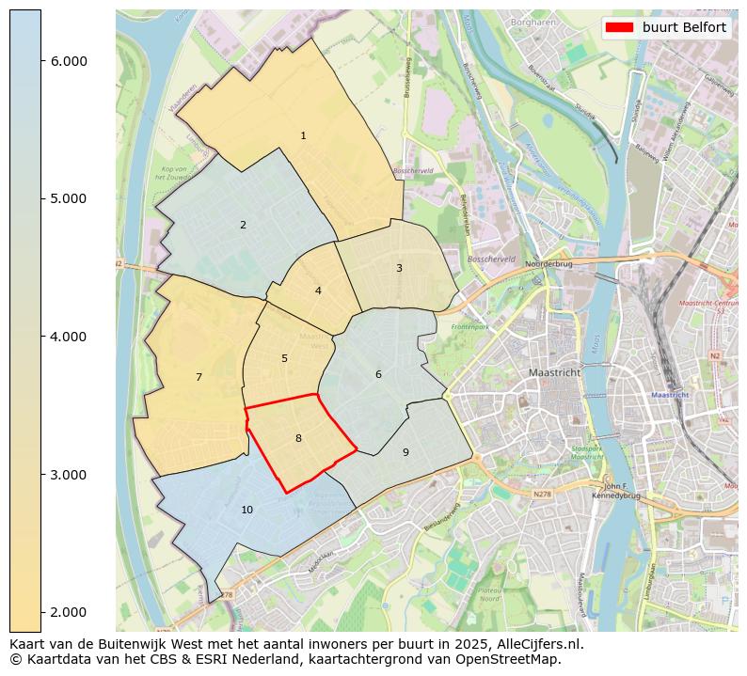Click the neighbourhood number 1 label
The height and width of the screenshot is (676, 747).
[303, 136]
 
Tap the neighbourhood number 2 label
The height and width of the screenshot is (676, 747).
[243, 225]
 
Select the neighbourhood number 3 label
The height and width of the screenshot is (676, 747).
[399, 268]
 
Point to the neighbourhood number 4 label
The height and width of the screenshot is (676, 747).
[318, 291]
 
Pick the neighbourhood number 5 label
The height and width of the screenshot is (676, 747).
[284, 358]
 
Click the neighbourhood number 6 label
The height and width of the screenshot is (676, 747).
[378, 375]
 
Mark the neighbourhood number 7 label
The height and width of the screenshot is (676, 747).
[199, 377]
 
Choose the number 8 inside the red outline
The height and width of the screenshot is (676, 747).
[298, 438]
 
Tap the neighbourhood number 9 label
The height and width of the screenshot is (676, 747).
[405, 452]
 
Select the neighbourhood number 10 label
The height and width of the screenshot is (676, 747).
[246, 510]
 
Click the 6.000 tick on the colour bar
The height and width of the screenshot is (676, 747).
[69, 61]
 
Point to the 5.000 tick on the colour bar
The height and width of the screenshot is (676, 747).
[69, 198]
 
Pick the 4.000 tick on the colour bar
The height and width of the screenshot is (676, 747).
[69, 337]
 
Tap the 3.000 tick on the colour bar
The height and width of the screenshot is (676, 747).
[69, 474]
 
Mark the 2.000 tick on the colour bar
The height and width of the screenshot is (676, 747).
[69, 612]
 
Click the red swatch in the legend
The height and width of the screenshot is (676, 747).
[620, 27]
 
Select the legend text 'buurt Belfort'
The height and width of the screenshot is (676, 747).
[684, 27]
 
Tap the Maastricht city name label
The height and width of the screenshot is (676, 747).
[555, 372]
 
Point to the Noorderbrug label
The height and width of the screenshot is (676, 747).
[548, 265]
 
